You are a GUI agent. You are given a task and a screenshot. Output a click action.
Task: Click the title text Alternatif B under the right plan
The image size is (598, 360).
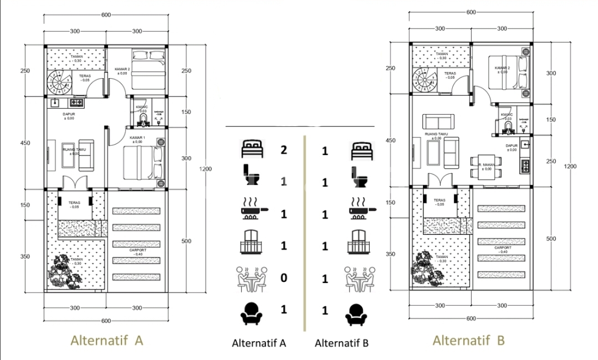click(468, 340)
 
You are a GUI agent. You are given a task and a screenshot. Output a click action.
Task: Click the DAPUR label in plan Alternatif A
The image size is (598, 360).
click(68, 115)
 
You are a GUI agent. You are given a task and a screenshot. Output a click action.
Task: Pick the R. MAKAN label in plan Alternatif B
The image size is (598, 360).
click(486, 166)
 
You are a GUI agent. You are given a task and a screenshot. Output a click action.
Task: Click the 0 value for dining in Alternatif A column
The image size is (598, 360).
click(283, 278)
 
